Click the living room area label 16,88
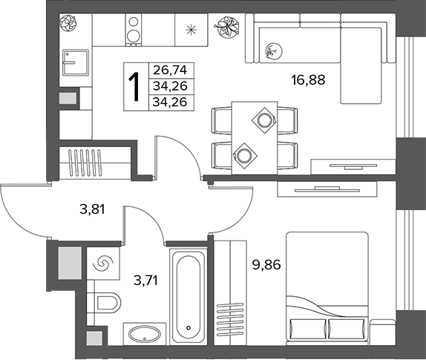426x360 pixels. tap(308, 80)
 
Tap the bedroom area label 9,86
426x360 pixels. tap(266, 265)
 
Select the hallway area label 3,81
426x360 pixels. tap(92, 209)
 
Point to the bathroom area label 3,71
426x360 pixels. tap(146, 281)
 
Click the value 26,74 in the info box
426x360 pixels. tap(171, 71)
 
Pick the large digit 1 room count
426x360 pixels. tap(134, 87)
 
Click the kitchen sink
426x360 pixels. tap(76, 62)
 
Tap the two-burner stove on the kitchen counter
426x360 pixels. tap(134, 30)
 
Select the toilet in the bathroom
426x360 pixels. tap(108, 303)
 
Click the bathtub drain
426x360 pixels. tap(189, 327)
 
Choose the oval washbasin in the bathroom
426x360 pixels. tap(145, 335)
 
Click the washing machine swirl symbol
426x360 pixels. tap(103, 264)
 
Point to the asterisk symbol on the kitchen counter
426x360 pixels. tap(191, 30)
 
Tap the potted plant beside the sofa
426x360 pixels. tap(227, 27)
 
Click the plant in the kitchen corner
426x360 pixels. tap(68, 23)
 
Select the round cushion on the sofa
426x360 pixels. tap(274, 50)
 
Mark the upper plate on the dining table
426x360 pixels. tap(264, 120)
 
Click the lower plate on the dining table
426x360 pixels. tap(245, 156)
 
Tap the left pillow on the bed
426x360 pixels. tap(307, 330)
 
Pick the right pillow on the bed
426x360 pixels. tap(347, 330)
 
